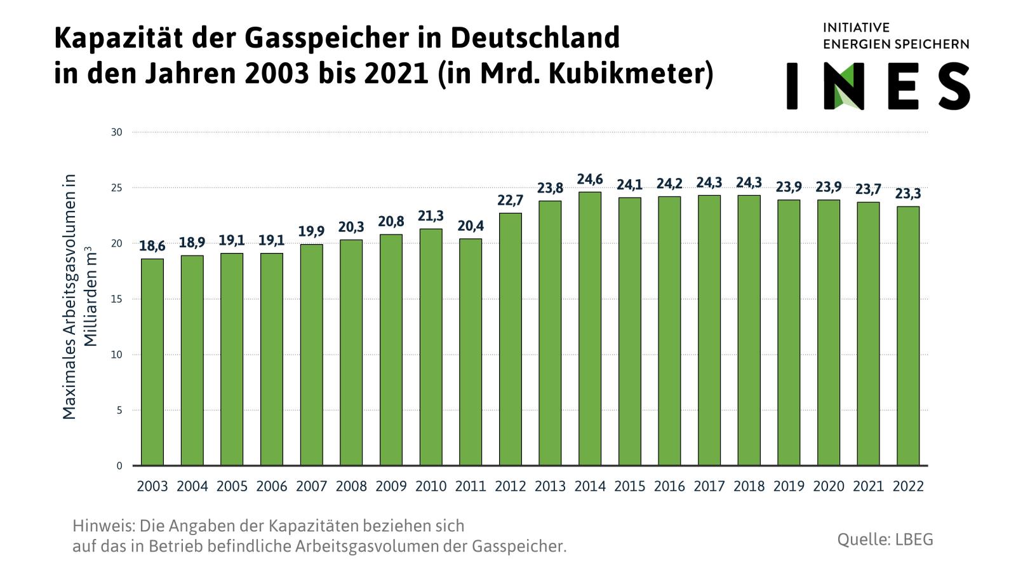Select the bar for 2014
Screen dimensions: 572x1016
[589, 329]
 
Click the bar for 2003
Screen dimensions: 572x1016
[152, 362]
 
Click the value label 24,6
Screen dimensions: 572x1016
[589, 180]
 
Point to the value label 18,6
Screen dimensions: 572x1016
[152, 247]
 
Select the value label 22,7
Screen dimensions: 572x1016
[510, 201]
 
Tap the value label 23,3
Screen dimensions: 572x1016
[907, 194]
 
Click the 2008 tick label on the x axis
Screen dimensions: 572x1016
[351, 486]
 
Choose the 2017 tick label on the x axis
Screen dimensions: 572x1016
[709, 486]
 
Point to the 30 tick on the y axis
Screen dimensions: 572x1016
[117, 132]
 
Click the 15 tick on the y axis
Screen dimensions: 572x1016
[117, 299]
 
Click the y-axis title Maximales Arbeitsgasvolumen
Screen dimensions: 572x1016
[69, 296]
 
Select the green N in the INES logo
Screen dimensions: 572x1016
[848, 86]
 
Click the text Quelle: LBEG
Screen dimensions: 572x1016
[885, 540]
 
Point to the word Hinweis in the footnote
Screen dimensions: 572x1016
[104, 526]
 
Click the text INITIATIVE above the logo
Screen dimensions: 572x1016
[856, 27]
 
